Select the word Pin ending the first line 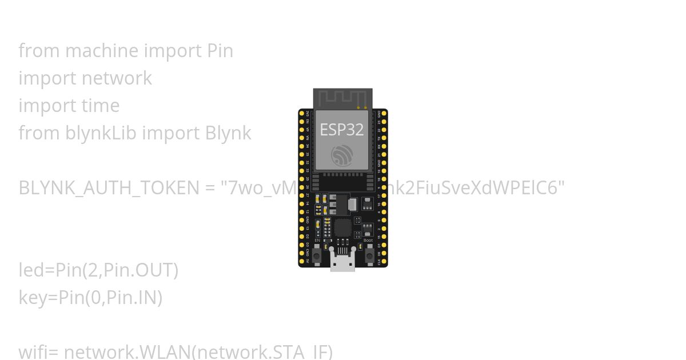coord(220,51)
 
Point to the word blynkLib coord(101,133)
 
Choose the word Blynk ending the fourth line coord(228,133)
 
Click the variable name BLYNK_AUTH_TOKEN coord(109,188)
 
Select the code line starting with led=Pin coord(98,270)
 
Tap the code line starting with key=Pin coord(90,298)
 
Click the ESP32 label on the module coord(342,130)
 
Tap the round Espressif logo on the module coord(342,155)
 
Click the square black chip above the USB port coord(342,228)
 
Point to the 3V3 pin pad coord(302,114)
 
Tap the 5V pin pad coord(302,261)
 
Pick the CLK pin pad coord(384,261)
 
